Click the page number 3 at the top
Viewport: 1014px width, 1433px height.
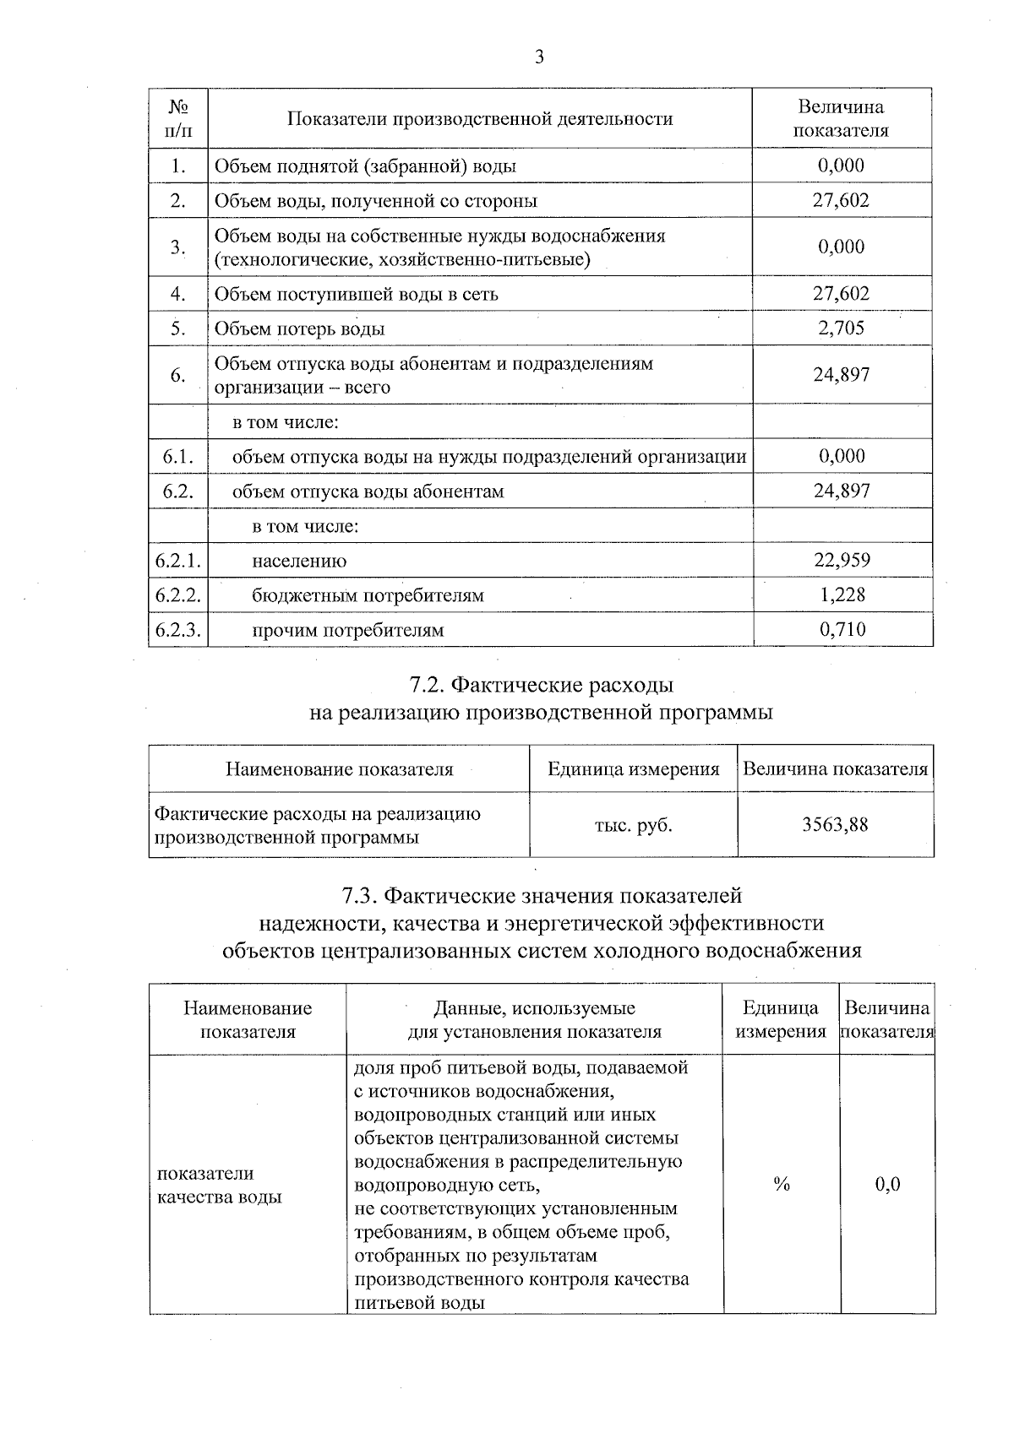click(x=538, y=57)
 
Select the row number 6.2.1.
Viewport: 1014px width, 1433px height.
click(x=177, y=561)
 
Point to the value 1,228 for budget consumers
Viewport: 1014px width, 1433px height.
click(x=842, y=594)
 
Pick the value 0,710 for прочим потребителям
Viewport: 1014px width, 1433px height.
click(x=842, y=629)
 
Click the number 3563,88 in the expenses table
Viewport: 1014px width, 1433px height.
click(x=835, y=825)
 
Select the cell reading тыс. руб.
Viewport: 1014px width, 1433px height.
click(x=633, y=825)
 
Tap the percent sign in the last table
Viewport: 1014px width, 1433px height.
click(x=781, y=1185)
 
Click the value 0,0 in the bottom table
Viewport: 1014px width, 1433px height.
click(x=887, y=1185)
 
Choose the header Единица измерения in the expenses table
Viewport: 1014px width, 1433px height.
click(x=633, y=769)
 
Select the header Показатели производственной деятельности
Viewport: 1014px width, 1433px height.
click(x=480, y=119)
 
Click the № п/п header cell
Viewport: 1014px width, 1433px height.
click(x=177, y=119)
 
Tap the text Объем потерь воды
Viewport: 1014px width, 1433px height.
click(x=299, y=328)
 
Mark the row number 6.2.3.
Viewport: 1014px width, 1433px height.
click(x=177, y=630)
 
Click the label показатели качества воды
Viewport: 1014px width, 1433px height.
click(x=220, y=1185)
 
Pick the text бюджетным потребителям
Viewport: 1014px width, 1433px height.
click(x=368, y=595)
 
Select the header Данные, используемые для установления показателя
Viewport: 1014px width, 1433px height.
click(x=534, y=1019)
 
